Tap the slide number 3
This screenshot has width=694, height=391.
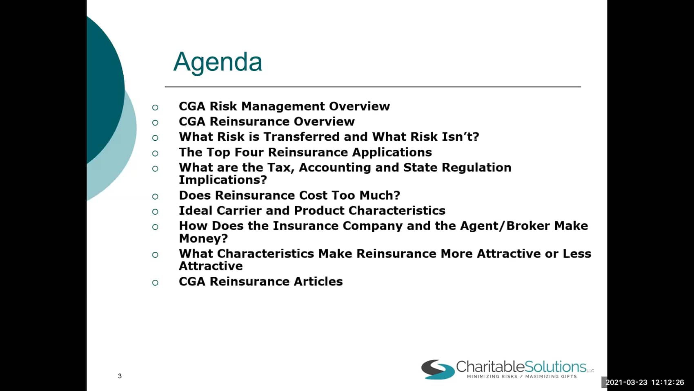pos(120,376)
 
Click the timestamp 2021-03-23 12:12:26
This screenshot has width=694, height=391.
pos(645,382)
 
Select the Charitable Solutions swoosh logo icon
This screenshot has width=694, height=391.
pos(438,369)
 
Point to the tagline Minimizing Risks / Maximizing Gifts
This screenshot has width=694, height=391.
pos(522,376)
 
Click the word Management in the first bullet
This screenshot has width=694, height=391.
pos(283,106)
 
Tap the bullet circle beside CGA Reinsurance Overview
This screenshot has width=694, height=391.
pos(155,123)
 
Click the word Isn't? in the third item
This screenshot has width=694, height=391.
pos(460,137)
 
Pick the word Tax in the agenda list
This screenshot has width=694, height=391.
pos(281,168)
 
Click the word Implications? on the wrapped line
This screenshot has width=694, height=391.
pos(223,180)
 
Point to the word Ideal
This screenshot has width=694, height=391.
pos(196,210)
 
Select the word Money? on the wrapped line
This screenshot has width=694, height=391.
pos(204,238)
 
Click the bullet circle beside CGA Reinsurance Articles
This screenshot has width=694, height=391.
pos(155,283)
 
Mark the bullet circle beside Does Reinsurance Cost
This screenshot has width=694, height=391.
pos(155,196)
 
